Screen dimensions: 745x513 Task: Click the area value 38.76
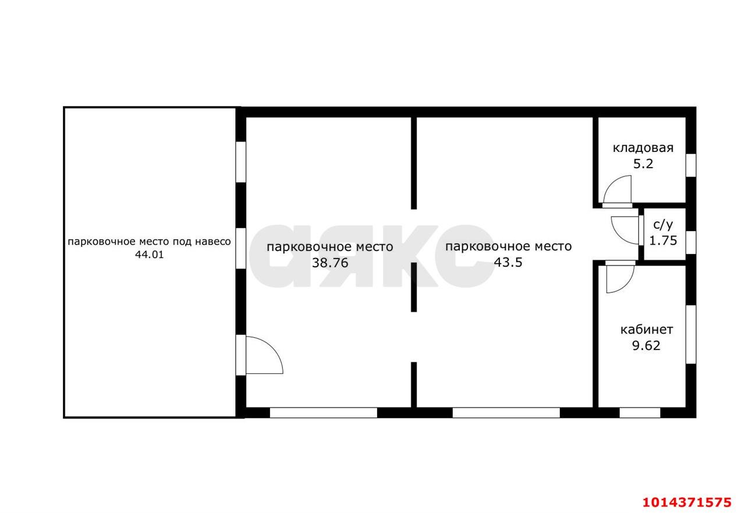(x=330, y=263)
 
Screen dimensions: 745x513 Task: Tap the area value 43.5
(x=508, y=263)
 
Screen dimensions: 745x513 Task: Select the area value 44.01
(x=150, y=255)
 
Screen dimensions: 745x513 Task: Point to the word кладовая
(x=643, y=148)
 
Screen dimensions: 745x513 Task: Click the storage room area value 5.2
(x=643, y=164)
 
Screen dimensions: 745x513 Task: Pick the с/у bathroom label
(x=663, y=225)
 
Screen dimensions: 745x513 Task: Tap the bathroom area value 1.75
(x=663, y=240)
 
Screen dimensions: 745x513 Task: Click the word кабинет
(x=647, y=330)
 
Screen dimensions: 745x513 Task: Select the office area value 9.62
(x=646, y=346)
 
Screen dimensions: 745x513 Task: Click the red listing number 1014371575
(x=687, y=502)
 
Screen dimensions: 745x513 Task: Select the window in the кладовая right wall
(x=691, y=165)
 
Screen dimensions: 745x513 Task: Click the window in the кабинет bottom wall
(x=640, y=412)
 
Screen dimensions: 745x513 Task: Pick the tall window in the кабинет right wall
(x=691, y=334)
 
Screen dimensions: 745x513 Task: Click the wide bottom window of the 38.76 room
(x=323, y=412)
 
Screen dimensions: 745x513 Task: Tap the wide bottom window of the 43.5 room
(x=506, y=412)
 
